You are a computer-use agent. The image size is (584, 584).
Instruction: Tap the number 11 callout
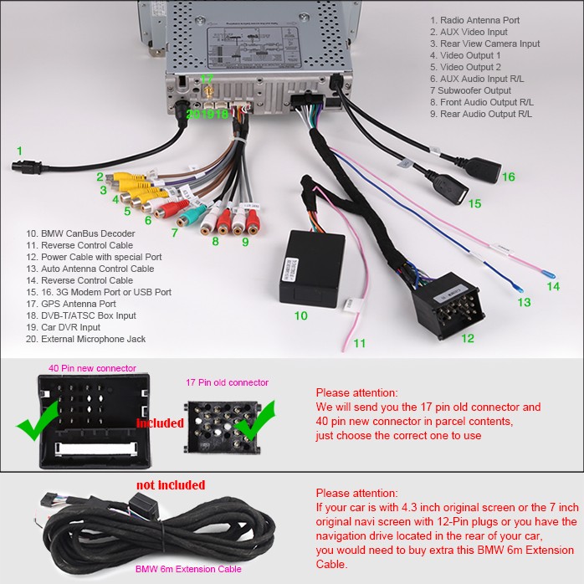pyautogui.click(x=359, y=343)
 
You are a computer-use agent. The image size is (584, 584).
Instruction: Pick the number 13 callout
pyautogui.click(x=524, y=302)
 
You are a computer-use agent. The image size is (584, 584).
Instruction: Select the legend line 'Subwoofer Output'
pyautogui.click(x=470, y=90)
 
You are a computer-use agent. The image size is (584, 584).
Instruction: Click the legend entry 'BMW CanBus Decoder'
pyautogui.click(x=80, y=233)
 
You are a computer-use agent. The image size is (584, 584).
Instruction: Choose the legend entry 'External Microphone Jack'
pyautogui.click(x=85, y=339)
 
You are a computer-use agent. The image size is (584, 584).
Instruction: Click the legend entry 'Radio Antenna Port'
pyautogui.click(x=474, y=20)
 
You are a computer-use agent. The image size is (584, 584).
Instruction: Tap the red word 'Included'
pyautogui.click(x=160, y=423)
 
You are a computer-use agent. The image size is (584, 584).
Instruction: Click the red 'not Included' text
pyautogui.click(x=170, y=485)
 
